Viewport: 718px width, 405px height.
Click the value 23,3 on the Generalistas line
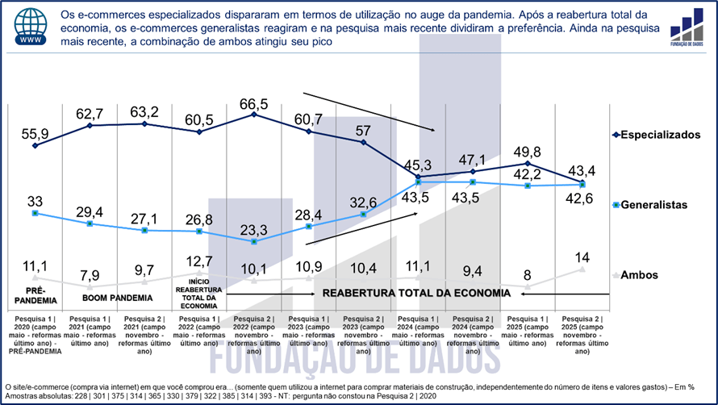[x=254, y=228]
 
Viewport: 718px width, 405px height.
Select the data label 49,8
[x=528, y=152]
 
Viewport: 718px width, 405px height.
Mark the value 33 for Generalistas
[x=35, y=200]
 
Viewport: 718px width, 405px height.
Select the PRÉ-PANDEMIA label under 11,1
[x=35, y=294]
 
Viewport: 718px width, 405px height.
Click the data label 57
[x=364, y=130]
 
